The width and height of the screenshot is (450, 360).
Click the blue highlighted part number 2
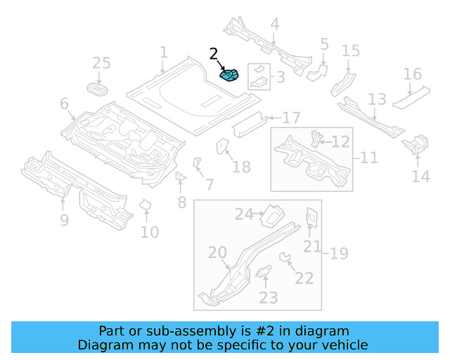click(230, 75)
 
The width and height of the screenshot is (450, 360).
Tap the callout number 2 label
click(214, 54)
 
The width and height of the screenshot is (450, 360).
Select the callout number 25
click(101, 63)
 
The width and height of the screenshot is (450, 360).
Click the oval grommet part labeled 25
click(99, 89)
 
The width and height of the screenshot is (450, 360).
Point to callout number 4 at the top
click(274, 24)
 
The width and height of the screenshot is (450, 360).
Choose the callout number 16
click(413, 75)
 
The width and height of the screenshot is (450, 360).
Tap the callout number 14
click(420, 176)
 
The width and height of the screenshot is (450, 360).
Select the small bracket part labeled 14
click(415, 144)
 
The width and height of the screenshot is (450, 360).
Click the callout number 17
click(291, 117)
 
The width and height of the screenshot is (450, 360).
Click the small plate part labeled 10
click(146, 205)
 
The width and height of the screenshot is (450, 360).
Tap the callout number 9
click(64, 221)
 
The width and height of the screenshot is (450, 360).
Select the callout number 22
click(304, 278)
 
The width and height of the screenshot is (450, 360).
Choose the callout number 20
click(217, 253)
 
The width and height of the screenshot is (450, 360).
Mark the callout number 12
click(340, 142)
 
